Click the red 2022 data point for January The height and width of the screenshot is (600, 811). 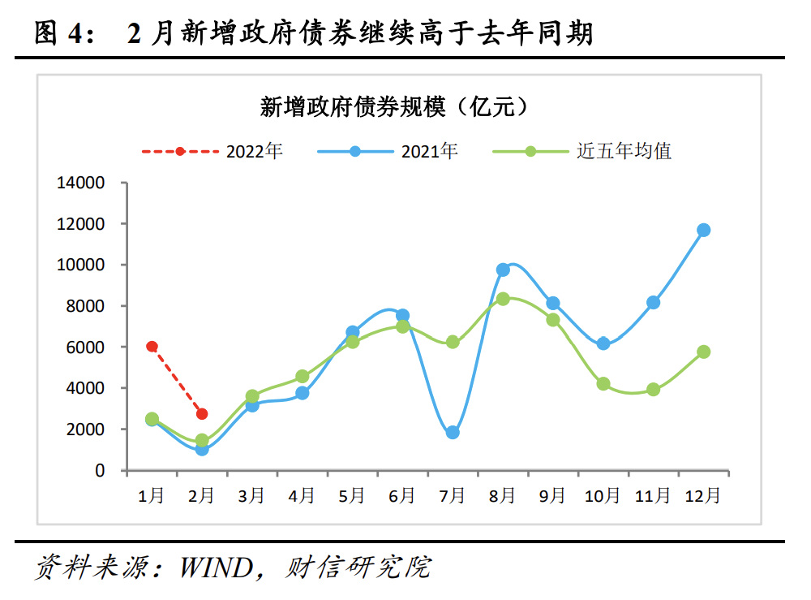pos(152,347)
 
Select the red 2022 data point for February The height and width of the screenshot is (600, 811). pos(202,414)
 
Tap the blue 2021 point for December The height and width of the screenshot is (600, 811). pos(703,230)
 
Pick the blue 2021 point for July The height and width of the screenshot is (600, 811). pos(453,433)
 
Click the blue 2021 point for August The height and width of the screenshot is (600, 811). pos(503,270)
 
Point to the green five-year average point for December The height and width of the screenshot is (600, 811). pos(703,352)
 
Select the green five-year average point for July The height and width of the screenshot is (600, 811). pos(453,342)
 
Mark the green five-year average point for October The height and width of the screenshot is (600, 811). pos(603,383)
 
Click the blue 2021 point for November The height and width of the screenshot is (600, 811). pos(653,302)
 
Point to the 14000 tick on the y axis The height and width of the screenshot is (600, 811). pos(81,183)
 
